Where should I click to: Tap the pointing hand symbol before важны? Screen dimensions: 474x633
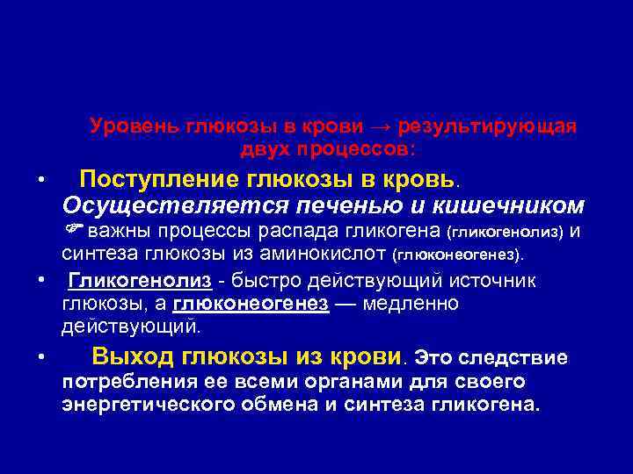(73, 231)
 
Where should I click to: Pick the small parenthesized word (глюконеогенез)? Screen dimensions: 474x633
(457, 256)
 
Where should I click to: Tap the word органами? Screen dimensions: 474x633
(338, 383)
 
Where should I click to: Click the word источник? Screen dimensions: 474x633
(501, 281)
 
